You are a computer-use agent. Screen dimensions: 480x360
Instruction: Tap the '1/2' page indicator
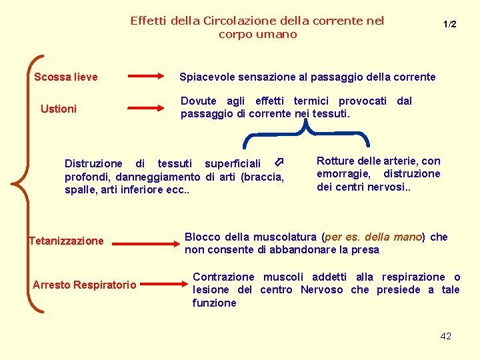tap(450, 24)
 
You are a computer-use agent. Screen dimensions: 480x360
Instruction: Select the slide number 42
tap(446, 336)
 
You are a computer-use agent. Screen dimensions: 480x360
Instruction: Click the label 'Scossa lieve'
tap(66, 77)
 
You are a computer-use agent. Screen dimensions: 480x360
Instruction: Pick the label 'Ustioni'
tap(59, 109)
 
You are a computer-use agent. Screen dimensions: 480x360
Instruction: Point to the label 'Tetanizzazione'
tap(67, 241)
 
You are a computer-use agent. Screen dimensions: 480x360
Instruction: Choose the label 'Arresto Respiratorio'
tap(85, 285)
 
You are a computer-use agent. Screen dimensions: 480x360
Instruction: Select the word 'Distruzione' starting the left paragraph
tap(93, 163)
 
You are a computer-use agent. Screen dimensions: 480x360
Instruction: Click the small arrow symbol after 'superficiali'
tap(280, 163)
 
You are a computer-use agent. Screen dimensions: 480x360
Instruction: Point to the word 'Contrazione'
tap(223, 277)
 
